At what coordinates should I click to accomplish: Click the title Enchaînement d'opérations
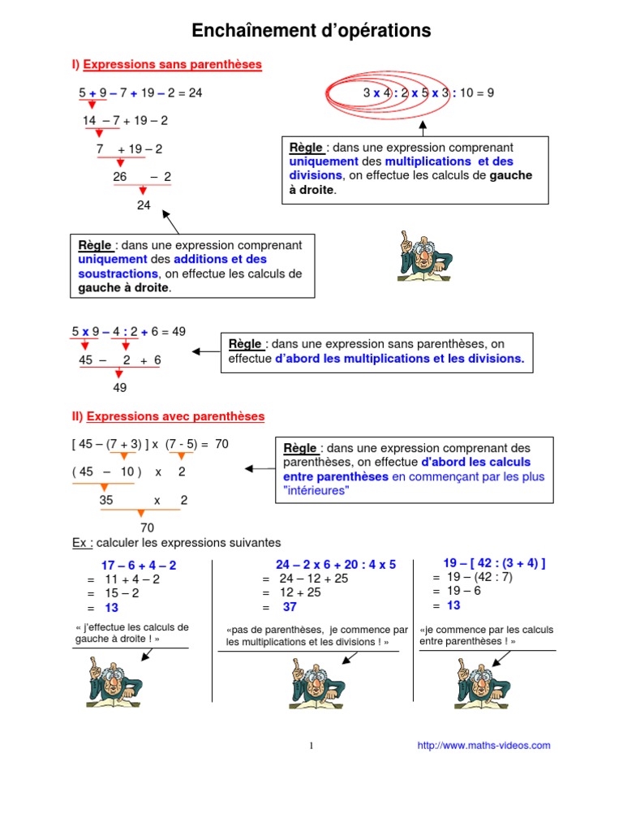[x=311, y=31]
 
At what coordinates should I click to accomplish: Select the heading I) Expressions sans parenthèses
[x=166, y=63]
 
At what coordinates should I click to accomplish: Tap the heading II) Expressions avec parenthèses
[x=168, y=416]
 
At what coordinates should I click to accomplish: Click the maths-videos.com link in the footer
[x=483, y=745]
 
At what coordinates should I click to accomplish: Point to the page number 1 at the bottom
[x=311, y=746]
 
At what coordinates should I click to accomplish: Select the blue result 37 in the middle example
[x=290, y=607]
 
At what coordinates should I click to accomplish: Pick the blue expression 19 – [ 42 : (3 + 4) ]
[x=494, y=562]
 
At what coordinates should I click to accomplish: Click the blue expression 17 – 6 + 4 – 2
[x=139, y=565]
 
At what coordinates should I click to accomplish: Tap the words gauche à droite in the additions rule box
[x=122, y=288]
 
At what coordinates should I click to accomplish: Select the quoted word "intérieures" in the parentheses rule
[x=316, y=491]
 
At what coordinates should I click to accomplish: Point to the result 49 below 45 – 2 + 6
[x=120, y=387]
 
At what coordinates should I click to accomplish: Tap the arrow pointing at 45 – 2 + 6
[x=205, y=351]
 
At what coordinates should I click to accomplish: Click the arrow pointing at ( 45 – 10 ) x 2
[x=260, y=468]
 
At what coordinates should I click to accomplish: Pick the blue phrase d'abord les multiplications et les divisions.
[x=400, y=358]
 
